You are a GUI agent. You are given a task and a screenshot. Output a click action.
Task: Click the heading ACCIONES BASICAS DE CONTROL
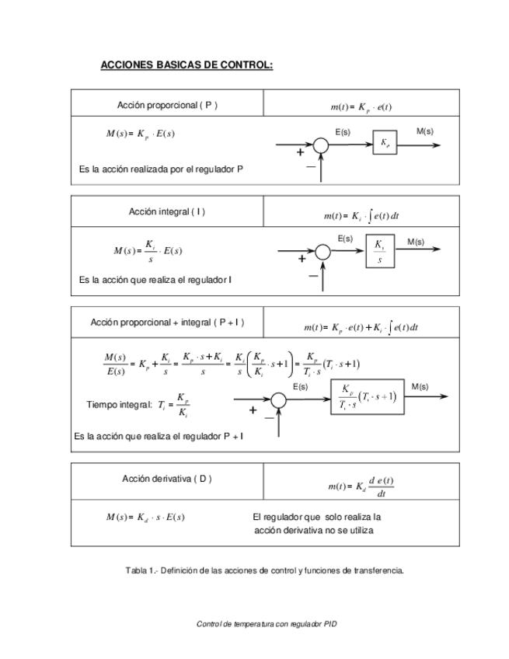click(x=187, y=65)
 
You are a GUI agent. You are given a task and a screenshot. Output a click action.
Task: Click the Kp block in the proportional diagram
click(x=385, y=143)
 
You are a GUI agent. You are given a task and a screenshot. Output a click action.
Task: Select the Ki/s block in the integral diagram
click(x=379, y=251)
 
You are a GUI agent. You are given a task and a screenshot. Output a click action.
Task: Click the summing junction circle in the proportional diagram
click(x=321, y=145)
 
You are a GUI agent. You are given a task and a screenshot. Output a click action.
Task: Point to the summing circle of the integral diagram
click(x=322, y=251)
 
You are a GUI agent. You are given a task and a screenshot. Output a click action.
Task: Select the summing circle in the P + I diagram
click(x=278, y=400)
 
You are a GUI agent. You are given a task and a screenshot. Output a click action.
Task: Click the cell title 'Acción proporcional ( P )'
click(x=167, y=105)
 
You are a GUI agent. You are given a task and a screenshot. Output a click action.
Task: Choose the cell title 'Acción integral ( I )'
click(x=167, y=211)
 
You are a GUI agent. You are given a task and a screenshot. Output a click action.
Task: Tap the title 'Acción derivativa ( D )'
click(x=167, y=479)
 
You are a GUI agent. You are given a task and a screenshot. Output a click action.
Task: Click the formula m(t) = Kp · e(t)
click(x=361, y=106)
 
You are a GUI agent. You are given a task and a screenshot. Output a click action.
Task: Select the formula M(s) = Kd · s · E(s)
click(x=145, y=517)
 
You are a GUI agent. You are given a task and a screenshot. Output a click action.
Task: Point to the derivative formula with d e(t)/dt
click(x=361, y=486)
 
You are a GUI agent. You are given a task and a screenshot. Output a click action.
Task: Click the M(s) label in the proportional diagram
click(x=425, y=131)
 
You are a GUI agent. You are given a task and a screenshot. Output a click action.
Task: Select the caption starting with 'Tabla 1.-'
click(x=264, y=570)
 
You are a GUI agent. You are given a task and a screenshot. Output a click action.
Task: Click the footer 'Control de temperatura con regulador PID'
click(x=267, y=624)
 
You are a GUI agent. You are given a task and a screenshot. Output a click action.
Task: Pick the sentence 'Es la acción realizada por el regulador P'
click(x=161, y=168)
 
